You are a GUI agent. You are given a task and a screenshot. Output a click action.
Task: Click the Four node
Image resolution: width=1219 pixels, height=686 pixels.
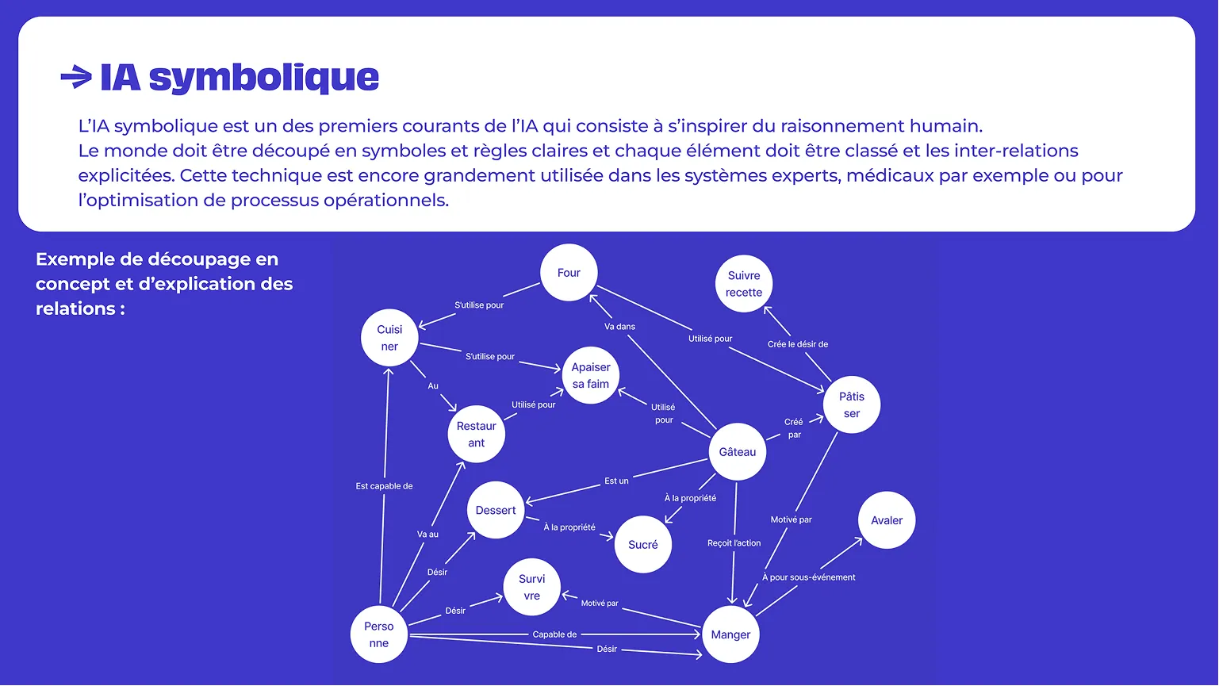[569, 273]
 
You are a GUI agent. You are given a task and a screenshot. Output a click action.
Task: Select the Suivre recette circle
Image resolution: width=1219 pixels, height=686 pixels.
[744, 284]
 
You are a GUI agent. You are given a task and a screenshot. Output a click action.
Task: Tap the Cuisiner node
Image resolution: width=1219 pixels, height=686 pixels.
[389, 338]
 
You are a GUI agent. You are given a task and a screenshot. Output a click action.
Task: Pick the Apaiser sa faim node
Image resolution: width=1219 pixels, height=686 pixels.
[591, 375]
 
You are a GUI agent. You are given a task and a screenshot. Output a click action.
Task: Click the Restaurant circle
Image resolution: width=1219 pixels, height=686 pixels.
[476, 434]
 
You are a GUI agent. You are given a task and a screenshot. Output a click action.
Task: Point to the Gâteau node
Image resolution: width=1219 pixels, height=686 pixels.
[738, 452]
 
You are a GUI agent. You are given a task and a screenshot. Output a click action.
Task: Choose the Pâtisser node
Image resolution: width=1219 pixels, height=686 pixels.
[852, 404]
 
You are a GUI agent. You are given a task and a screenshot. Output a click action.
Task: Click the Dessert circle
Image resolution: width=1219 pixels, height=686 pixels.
[496, 510]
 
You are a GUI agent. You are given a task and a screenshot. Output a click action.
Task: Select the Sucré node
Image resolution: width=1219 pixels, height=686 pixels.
[643, 545]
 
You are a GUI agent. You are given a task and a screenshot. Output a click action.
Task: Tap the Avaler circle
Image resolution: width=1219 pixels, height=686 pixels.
[887, 520]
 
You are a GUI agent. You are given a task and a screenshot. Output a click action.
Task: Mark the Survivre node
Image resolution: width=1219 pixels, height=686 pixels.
[532, 587]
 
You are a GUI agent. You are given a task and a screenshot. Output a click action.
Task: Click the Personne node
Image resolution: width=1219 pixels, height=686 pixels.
[379, 634]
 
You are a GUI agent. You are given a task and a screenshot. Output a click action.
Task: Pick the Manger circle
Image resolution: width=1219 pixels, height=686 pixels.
[730, 634]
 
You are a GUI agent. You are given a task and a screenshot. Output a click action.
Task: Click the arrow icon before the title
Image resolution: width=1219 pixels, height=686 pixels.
[76, 77]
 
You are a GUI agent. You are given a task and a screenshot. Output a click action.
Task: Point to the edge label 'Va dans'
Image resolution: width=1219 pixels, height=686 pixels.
[619, 327]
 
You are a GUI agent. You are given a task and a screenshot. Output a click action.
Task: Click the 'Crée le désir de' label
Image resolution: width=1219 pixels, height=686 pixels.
[798, 344]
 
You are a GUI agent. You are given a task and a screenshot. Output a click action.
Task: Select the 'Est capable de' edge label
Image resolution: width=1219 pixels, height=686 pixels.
[384, 486]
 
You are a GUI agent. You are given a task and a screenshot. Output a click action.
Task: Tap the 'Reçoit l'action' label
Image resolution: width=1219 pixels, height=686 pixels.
[734, 543]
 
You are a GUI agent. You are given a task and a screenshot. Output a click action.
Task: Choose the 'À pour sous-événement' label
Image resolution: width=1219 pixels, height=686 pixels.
[809, 577]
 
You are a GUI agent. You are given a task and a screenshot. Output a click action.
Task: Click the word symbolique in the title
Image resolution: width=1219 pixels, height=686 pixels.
[264, 78]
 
